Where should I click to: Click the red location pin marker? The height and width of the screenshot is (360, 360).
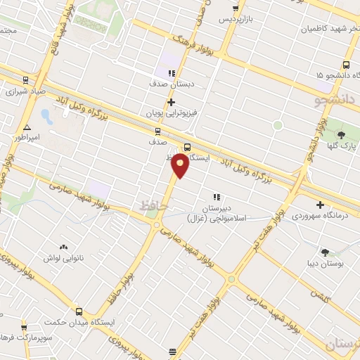180,165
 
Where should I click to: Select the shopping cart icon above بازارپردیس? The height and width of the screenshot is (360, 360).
235,8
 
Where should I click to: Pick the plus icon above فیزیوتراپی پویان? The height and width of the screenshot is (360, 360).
170,102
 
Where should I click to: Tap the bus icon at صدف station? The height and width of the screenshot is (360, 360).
157,131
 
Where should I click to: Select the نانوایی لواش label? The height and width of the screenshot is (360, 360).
64,258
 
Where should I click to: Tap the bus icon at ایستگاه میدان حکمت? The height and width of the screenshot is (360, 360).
78,311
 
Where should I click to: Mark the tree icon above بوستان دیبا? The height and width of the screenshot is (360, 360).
325,252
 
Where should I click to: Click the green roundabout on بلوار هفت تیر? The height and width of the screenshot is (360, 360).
231,279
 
